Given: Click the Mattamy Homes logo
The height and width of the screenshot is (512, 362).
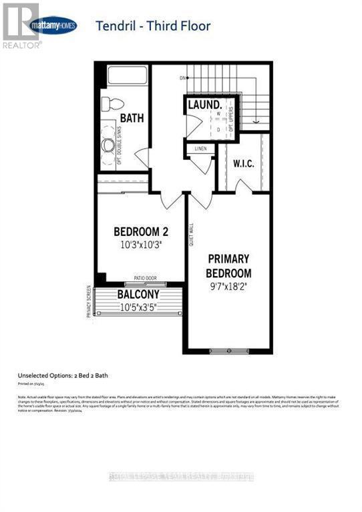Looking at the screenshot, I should click(54, 26).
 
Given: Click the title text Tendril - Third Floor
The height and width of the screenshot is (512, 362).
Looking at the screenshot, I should click(153, 26).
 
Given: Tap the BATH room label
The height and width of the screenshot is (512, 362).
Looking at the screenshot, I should click(132, 118).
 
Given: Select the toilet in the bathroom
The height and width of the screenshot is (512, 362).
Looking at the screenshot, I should click(111, 105).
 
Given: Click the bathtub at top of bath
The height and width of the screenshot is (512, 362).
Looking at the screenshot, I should click(124, 77).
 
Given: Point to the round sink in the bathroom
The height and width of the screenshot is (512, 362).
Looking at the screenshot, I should click(107, 146).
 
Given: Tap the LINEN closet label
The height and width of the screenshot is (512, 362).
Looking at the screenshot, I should click(199, 149).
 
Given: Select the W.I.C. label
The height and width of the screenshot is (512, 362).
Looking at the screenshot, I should click(243, 163).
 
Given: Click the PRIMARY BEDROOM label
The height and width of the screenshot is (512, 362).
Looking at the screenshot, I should click(228, 265).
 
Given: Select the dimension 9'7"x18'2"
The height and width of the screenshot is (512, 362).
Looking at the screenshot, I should click(228, 290).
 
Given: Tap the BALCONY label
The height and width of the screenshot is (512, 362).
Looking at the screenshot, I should click(138, 295).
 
